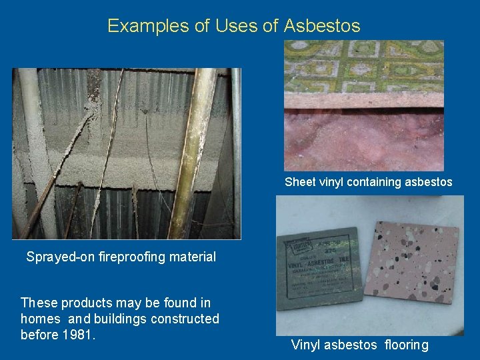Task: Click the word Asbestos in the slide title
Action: pos(322,26)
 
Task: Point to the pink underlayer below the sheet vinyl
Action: pos(363,140)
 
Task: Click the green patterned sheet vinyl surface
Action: pos(363,67)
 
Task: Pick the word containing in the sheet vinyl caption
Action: pos(380,182)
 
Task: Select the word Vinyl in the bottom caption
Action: pos(305,345)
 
